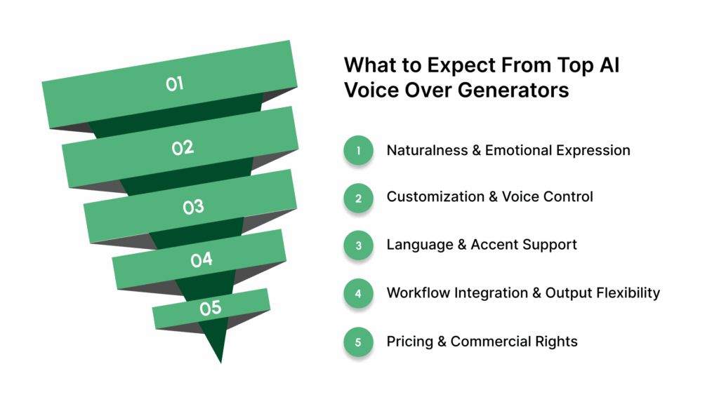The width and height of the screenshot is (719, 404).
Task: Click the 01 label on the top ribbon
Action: point(175,84)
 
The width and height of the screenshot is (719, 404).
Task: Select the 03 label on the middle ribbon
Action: point(193,207)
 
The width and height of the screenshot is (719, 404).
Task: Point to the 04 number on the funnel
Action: point(202,260)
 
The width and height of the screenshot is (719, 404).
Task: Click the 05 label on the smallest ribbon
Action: point(210,307)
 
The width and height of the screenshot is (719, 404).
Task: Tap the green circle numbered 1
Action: point(358,150)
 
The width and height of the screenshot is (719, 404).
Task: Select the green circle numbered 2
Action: point(358,198)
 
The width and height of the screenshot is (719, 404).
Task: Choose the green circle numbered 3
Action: point(358,245)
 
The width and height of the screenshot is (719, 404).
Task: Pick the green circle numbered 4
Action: point(358,293)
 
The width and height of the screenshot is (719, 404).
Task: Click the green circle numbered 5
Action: point(358,342)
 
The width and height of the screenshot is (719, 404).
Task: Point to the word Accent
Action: point(499,245)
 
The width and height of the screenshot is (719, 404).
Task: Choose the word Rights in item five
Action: point(555,342)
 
